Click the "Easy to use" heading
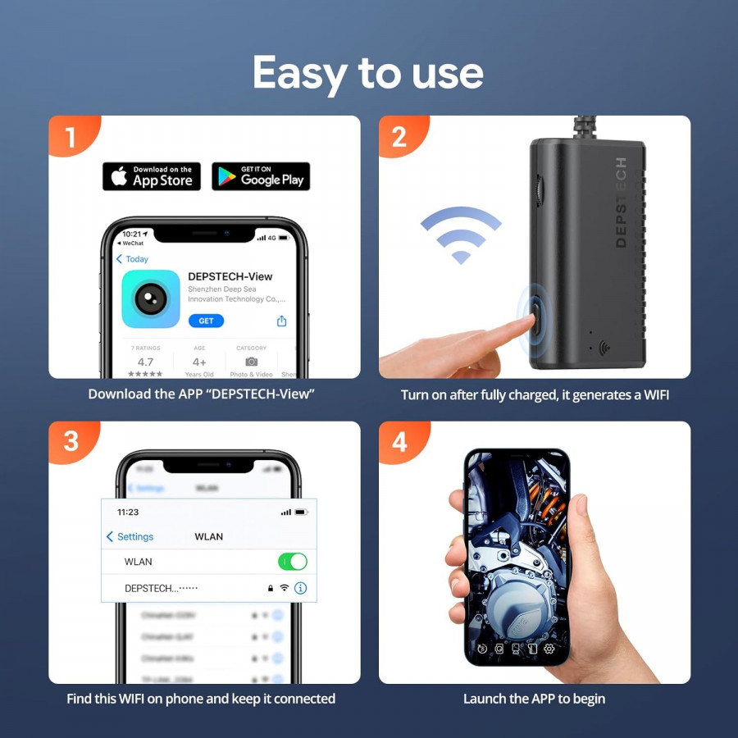(x=368, y=74)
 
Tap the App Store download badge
(x=152, y=176)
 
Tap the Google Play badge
(x=261, y=176)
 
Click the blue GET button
(x=206, y=321)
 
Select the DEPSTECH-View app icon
(x=151, y=298)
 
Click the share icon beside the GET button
(x=281, y=321)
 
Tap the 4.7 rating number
(x=145, y=362)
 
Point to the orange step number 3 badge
(x=71, y=442)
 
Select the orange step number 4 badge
(x=399, y=442)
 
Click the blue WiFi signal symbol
(x=461, y=235)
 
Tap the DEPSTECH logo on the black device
(x=621, y=202)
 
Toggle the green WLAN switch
(x=293, y=562)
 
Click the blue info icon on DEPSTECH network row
(x=300, y=588)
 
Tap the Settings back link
(x=130, y=536)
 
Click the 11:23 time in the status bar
(x=128, y=512)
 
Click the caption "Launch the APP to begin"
(x=534, y=699)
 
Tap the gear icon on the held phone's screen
(x=549, y=649)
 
